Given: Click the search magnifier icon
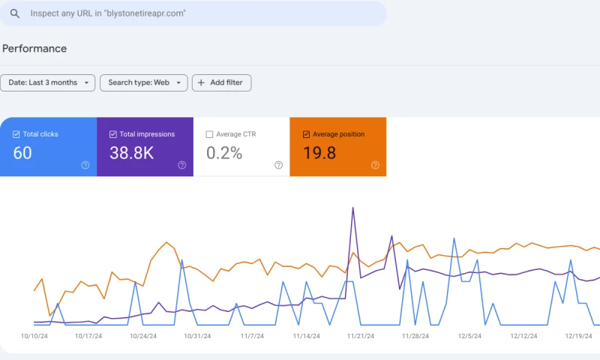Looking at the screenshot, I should (14, 13).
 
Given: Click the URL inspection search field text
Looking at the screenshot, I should (108, 13).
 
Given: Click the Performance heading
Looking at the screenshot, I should (34, 49).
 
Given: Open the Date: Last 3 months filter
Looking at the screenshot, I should (48, 82).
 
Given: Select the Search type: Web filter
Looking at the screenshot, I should (143, 82).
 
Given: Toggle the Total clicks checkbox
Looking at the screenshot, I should (16, 134).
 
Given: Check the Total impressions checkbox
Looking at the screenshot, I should (113, 134).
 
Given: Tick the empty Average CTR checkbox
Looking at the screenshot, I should (209, 134).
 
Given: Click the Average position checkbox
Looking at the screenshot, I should (306, 134).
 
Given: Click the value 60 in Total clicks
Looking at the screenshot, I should (22, 154).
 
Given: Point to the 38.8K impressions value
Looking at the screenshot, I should (130, 154).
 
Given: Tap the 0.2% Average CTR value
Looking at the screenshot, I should (224, 154).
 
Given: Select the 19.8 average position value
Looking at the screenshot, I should (319, 154).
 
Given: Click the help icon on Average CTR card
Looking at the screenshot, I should (278, 165).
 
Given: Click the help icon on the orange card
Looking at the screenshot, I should (375, 165).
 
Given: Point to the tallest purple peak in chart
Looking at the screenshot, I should (352, 208).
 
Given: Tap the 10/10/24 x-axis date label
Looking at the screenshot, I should (34, 337).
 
